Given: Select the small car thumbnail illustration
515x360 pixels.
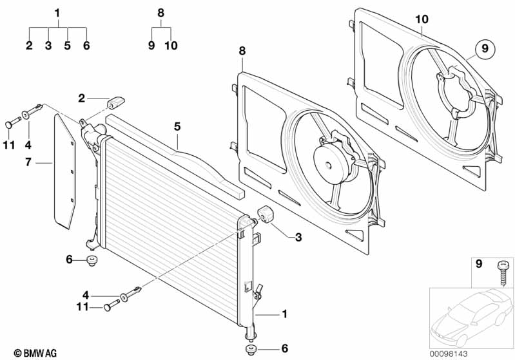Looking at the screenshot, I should [x=471, y=316].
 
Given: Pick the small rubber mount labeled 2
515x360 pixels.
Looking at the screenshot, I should [x=117, y=102].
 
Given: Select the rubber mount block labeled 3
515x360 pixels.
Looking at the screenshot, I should [x=267, y=215].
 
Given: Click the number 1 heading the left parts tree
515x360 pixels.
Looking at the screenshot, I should [x=57, y=13].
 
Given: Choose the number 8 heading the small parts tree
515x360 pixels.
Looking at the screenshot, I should [x=160, y=13].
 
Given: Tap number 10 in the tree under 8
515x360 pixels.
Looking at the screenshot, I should [x=170, y=46].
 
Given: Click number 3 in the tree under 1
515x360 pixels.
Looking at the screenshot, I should [x=48, y=46].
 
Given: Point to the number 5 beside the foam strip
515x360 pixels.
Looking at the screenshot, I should [x=177, y=128].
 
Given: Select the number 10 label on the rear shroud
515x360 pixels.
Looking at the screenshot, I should [x=421, y=19].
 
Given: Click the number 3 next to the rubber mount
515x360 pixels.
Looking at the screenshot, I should [x=298, y=238].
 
